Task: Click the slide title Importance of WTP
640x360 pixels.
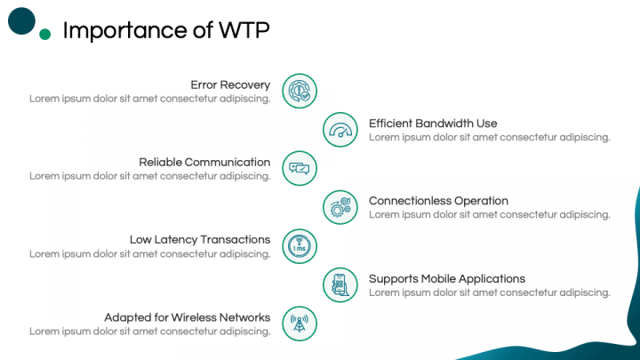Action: [166, 30]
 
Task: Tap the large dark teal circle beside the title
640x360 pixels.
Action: [21, 20]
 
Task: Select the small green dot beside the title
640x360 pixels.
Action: [45, 35]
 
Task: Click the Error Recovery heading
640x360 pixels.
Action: [230, 85]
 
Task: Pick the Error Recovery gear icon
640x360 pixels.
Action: [300, 91]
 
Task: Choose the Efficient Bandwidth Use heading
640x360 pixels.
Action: [433, 124]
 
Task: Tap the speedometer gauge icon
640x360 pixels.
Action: [340, 130]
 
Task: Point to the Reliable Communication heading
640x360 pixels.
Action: [204, 162]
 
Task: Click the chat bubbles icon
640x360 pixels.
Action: [300, 168]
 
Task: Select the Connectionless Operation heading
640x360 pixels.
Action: [438, 201]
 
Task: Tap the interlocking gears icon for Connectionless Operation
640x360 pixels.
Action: [340, 207]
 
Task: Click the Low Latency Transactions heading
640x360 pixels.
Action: [200, 240]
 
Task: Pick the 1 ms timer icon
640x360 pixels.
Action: [300, 246]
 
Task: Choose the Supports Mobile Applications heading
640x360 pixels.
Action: [447, 279]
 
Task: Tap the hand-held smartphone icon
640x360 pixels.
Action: [340, 285]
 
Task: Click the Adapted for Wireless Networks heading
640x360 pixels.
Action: [187, 317]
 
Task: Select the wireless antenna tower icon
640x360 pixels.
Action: [300, 324]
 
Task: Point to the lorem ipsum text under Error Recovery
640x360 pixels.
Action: [150, 99]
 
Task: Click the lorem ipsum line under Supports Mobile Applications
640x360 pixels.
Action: [490, 292]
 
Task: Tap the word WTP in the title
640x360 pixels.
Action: [244, 30]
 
